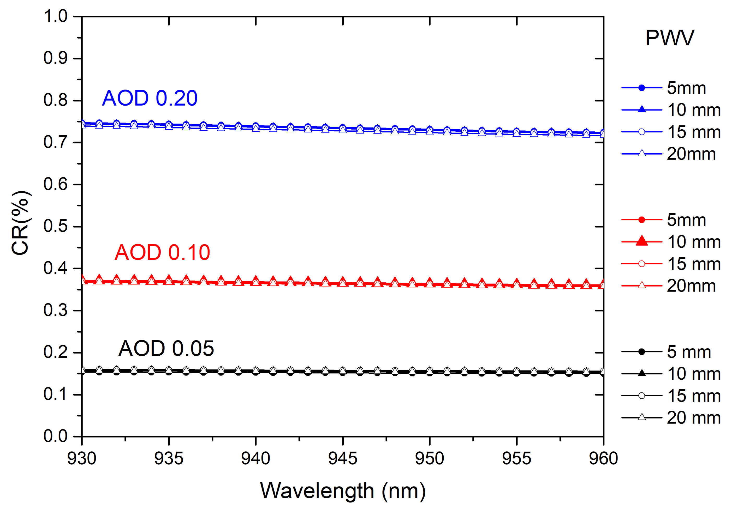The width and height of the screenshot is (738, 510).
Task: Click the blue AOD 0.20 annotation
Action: click(x=150, y=98)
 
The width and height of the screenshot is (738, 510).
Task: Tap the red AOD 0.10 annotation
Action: click(x=162, y=252)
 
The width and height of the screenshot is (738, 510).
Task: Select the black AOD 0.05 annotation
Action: click(x=166, y=348)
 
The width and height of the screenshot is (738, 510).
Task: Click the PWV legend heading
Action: click(x=670, y=38)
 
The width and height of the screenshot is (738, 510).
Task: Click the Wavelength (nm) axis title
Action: click(x=343, y=491)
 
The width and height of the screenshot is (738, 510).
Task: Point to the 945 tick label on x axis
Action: click(x=342, y=459)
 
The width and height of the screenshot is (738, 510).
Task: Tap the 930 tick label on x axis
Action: click(x=82, y=459)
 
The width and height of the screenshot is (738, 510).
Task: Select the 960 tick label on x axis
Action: click(x=603, y=459)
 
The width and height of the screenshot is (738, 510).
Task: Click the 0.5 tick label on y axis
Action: click(x=56, y=226)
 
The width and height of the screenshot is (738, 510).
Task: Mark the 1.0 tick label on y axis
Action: click(x=56, y=16)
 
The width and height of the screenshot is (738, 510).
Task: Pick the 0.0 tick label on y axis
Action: click(x=56, y=436)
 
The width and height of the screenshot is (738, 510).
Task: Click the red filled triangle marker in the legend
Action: click(x=641, y=241)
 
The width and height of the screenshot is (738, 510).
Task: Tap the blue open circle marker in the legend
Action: click(x=641, y=132)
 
